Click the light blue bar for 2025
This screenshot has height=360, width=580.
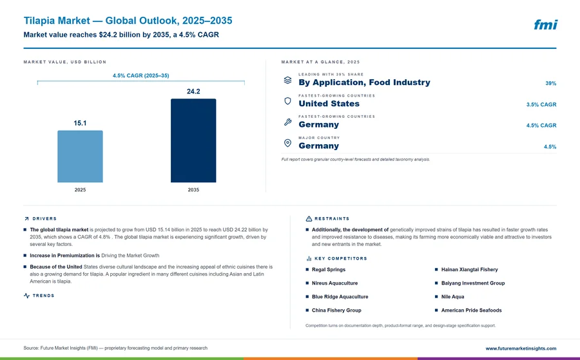pos(80,156)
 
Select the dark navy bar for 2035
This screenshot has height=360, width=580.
pos(193,140)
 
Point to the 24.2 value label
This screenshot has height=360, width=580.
pos(193,91)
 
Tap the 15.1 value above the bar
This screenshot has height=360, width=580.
pos(80,123)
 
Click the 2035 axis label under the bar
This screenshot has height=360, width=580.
pos(193,189)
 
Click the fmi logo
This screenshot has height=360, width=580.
pos(545,24)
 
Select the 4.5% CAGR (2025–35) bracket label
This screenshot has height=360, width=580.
pos(141,75)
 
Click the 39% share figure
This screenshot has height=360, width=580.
pos(550,83)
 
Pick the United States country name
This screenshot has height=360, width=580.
pos(329,104)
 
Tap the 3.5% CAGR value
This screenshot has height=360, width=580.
pos(541,104)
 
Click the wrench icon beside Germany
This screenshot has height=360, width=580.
pos(288,122)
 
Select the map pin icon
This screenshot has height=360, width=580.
pos(287,143)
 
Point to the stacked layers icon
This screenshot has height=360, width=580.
pos(287,80)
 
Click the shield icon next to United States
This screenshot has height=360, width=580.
pos(287,101)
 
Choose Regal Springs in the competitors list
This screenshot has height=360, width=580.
pos(329,269)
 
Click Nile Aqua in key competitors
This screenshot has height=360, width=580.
pos(453,296)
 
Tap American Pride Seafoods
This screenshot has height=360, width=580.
pos(471,310)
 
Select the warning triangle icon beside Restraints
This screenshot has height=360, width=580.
pos(309,219)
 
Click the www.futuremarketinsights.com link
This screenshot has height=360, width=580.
pos(521,348)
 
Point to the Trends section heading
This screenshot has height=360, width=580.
pos(43,296)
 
